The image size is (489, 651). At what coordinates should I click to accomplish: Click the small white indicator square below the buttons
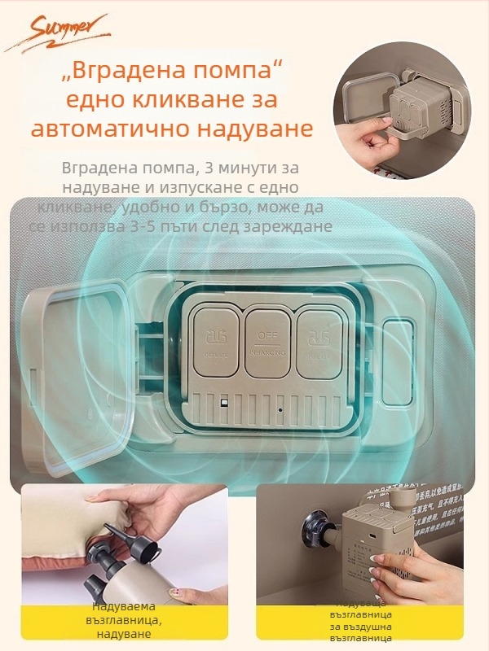[x=222, y=403]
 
